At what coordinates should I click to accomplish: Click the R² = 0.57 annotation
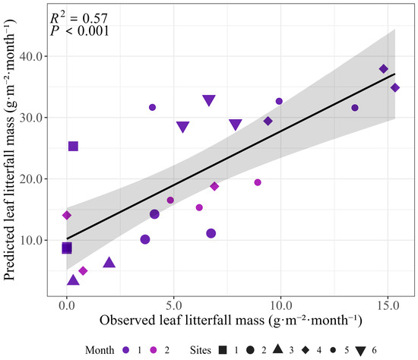(x=79, y=18)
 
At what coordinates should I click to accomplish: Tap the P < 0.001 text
(x=80, y=31)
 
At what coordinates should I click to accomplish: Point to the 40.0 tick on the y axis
(x=31, y=56)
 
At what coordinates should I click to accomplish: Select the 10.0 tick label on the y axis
(x=31, y=240)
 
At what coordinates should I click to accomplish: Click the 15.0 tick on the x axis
(x=388, y=305)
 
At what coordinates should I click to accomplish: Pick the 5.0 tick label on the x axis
(x=174, y=305)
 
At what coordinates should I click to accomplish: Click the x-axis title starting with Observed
(x=230, y=320)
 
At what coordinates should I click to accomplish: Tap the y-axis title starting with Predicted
(x=10, y=150)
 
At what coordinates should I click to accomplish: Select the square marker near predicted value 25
(x=73, y=146)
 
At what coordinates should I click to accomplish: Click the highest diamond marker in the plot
(x=384, y=69)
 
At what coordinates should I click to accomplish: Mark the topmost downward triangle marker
(x=209, y=100)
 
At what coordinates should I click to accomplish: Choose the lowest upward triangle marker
(x=73, y=279)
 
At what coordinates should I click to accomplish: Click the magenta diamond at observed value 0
(x=67, y=215)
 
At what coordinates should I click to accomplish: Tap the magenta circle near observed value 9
(x=258, y=182)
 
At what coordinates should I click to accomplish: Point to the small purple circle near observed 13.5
(x=355, y=108)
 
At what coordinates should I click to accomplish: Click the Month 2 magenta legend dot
(x=154, y=350)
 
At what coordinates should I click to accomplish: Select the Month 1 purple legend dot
(x=126, y=350)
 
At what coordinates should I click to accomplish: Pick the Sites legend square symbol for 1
(x=223, y=350)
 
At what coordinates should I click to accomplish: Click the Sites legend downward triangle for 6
(x=361, y=351)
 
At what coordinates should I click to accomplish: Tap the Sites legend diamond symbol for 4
(x=306, y=350)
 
